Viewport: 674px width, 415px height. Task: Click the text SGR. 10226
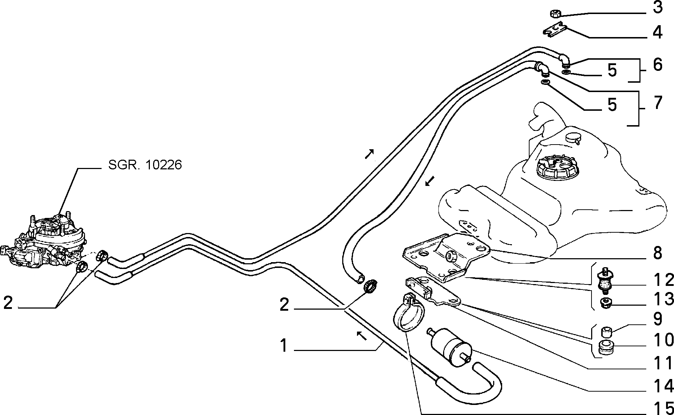pos(145,165)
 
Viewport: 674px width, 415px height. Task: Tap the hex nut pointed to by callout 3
pos(554,14)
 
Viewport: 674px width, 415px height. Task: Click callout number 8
pos(657,253)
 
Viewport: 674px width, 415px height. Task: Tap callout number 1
pos(285,346)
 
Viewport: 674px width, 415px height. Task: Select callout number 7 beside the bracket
pos(657,103)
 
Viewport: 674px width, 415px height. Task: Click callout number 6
pos(657,65)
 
